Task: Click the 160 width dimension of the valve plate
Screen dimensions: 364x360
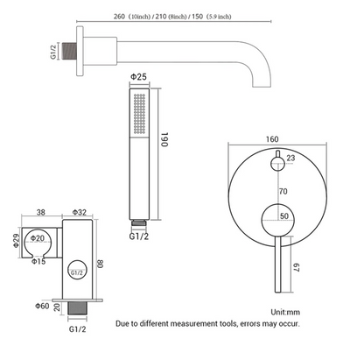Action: tap(272, 139)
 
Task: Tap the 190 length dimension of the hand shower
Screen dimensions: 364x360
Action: tap(164, 139)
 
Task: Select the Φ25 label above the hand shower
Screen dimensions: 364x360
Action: tap(138, 77)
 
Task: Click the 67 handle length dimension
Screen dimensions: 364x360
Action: tap(296, 267)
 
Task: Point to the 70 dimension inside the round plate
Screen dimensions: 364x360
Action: tap(283, 191)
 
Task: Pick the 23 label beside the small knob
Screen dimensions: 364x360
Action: tap(290, 158)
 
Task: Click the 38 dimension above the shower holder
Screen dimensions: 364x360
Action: tap(41, 212)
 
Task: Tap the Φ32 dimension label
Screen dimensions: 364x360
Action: tap(80, 212)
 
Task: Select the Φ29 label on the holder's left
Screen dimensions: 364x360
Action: tap(17, 241)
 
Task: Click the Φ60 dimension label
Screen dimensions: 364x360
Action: tap(42, 306)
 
